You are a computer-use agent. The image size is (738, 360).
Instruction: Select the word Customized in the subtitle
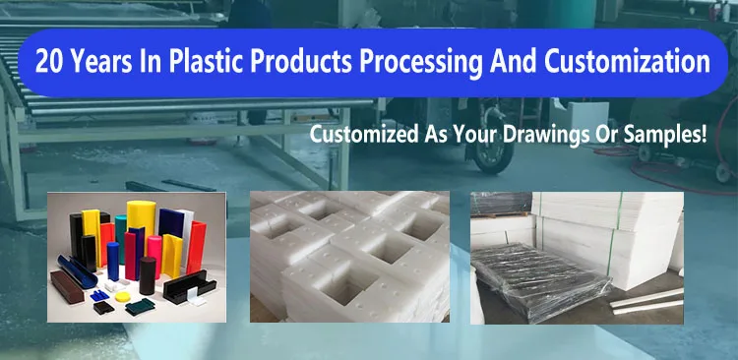tap(359, 135)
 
